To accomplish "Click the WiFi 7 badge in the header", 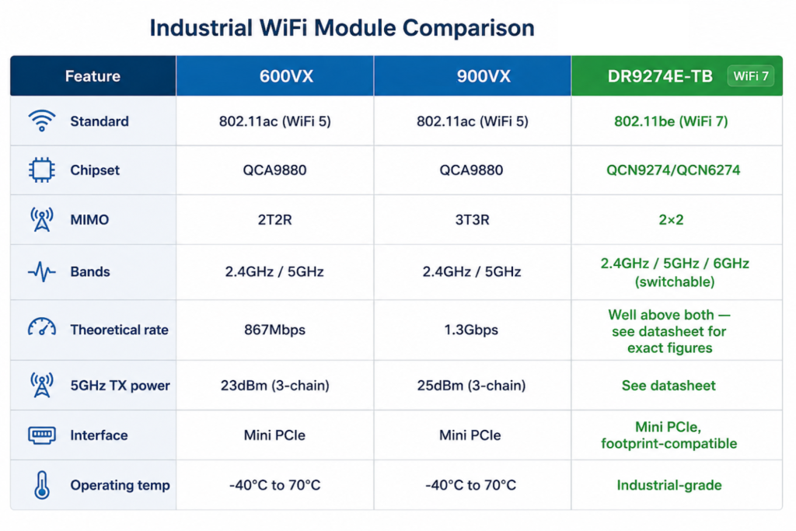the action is (x=750, y=76).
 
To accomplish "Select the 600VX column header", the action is (x=286, y=76).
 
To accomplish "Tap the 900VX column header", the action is (x=484, y=76).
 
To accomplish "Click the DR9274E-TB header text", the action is (x=660, y=76).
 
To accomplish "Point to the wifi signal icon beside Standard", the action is (x=42, y=121).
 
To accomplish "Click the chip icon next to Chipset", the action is (x=42, y=169).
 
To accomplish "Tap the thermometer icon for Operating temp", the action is (x=42, y=485).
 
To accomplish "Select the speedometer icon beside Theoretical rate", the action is (x=42, y=327).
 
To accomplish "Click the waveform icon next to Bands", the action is (x=42, y=271).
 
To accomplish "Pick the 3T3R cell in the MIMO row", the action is (x=472, y=220).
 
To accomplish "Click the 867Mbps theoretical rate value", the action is (x=274, y=330).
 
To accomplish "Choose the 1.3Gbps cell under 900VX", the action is (x=471, y=330).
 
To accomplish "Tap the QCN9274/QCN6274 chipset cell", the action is (x=673, y=170).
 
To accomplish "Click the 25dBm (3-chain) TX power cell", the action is (x=471, y=386).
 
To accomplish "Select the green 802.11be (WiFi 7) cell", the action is (x=671, y=121).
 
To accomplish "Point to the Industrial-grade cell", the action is (x=669, y=485).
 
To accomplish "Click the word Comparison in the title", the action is (x=468, y=28).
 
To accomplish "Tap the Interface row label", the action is (x=99, y=435).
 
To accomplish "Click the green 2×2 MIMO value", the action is (x=671, y=220).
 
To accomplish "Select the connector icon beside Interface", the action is (x=42, y=435).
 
